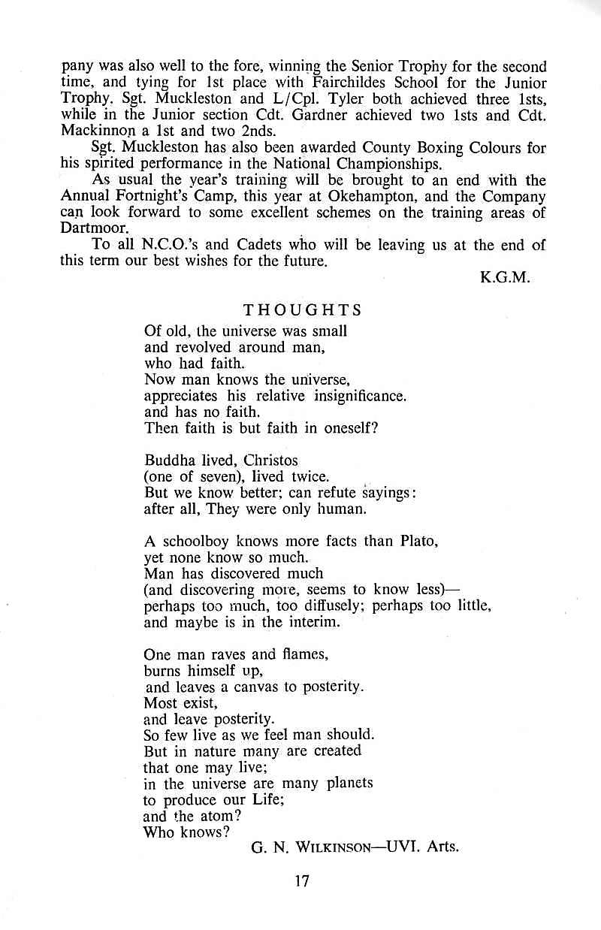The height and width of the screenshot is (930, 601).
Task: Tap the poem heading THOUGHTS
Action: [x=302, y=310]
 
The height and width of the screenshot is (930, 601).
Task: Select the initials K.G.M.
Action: [x=506, y=277]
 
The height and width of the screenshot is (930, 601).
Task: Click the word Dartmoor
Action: [x=89, y=228]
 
